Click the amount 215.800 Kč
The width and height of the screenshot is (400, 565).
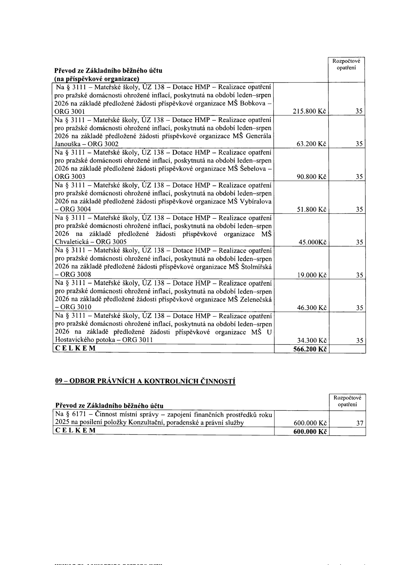[309, 111]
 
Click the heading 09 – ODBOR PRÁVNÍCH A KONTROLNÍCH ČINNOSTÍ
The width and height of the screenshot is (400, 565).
[145, 381]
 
